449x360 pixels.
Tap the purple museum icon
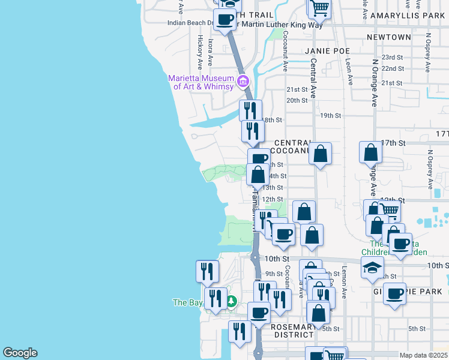click(x=243, y=81)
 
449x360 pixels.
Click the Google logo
click(x=20, y=353)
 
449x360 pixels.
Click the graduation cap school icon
click(x=372, y=268)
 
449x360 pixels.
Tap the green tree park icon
click(x=231, y=302)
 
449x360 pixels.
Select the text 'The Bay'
click(x=188, y=302)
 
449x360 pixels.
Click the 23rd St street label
click(x=393, y=57)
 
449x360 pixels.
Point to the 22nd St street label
click(x=393, y=69)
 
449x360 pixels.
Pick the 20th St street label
click(x=297, y=100)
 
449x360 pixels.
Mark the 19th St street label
click(x=330, y=115)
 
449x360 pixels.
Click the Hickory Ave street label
click(x=200, y=47)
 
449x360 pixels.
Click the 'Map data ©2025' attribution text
click(x=423, y=355)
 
